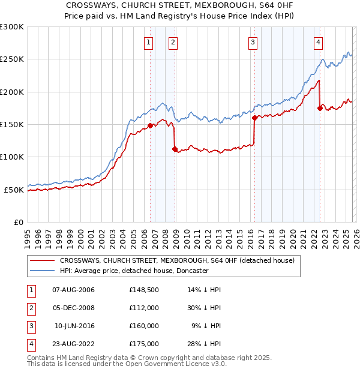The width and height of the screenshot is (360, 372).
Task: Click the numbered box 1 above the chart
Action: point(148,42)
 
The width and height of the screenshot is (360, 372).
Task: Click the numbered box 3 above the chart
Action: point(253,42)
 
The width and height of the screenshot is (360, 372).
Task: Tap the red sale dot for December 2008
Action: point(175,149)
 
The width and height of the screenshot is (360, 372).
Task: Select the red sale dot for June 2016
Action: point(254,118)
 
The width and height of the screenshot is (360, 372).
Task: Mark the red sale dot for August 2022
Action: point(320,109)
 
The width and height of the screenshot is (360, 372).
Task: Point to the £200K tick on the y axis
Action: point(12,92)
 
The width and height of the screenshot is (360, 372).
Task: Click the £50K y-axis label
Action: point(14,190)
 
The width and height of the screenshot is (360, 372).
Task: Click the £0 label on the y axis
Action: point(19,222)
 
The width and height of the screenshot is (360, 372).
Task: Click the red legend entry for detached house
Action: point(176,261)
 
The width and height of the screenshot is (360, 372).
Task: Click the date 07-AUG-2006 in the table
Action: point(73,290)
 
